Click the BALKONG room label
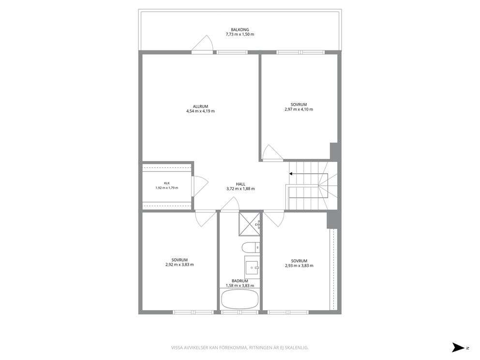pyautogui.click(x=240, y=30)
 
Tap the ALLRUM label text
pyautogui.click(x=200, y=106)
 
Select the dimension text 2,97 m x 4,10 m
pyautogui.click(x=299, y=109)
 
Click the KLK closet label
pyautogui.click(x=167, y=183)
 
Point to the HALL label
pyautogui.click(x=240, y=184)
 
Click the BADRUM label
pyautogui.click(x=240, y=281)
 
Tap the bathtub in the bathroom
pyautogui.click(x=240, y=300)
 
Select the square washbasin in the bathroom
pyautogui.click(x=252, y=268)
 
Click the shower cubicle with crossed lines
pyautogui.click(x=249, y=224)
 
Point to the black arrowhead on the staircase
pyautogui.click(x=291, y=174)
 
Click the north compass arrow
pyautogui.click(x=458, y=347)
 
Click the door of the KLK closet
pyautogui.click(x=200, y=186)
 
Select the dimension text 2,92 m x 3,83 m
pyautogui.click(x=180, y=265)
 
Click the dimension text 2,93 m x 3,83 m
pyautogui.click(x=299, y=266)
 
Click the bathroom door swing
pyautogui.click(x=230, y=204)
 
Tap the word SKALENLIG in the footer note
pyautogui.click(x=298, y=348)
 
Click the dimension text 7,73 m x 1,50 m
pyautogui.click(x=240, y=34)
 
